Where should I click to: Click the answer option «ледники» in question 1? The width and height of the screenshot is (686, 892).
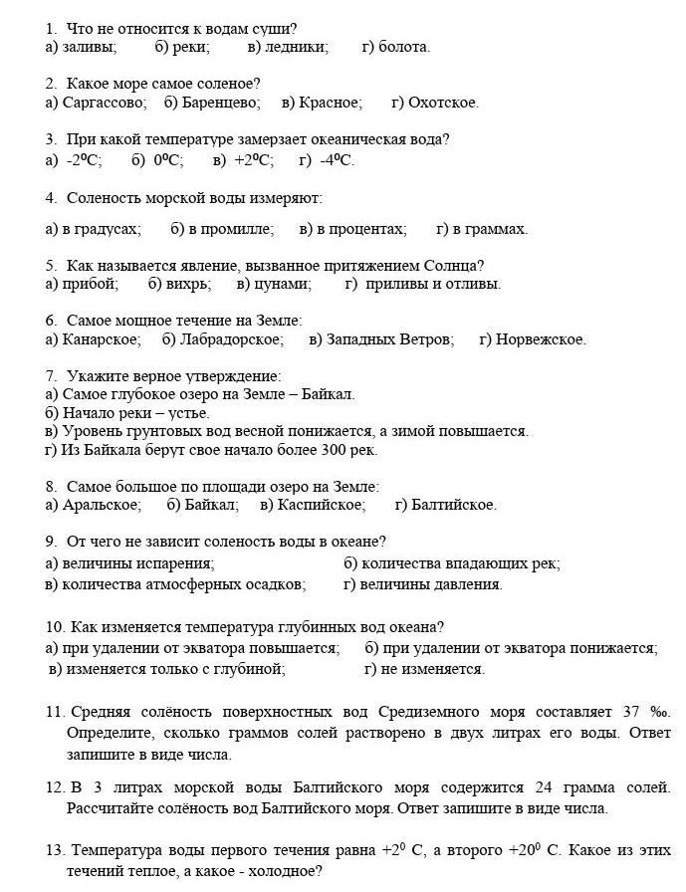tap(296, 47)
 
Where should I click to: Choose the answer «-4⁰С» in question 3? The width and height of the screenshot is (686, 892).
tap(338, 159)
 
